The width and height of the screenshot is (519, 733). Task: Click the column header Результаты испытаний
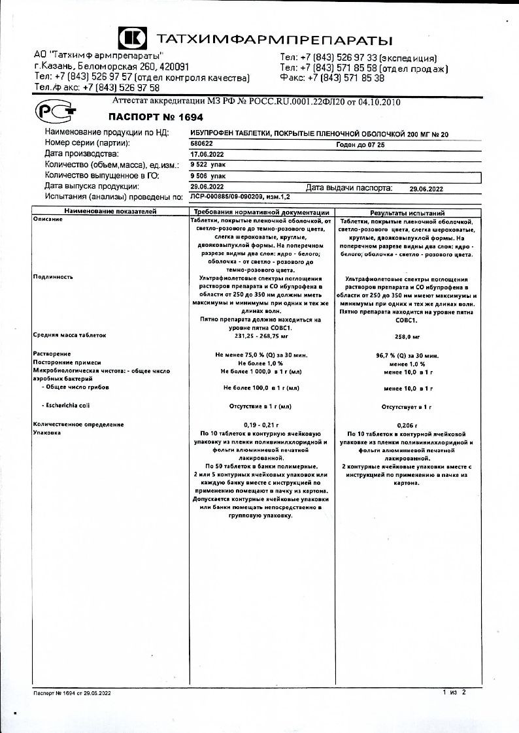tap(407, 213)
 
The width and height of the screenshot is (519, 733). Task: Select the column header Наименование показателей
tap(109, 212)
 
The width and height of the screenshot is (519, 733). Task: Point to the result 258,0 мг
tap(407, 336)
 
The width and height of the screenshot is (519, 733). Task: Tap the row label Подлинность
tap(53, 277)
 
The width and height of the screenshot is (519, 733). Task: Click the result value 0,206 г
tap(407, 425)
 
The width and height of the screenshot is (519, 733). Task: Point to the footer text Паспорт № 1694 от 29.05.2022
tap(72, 692)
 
